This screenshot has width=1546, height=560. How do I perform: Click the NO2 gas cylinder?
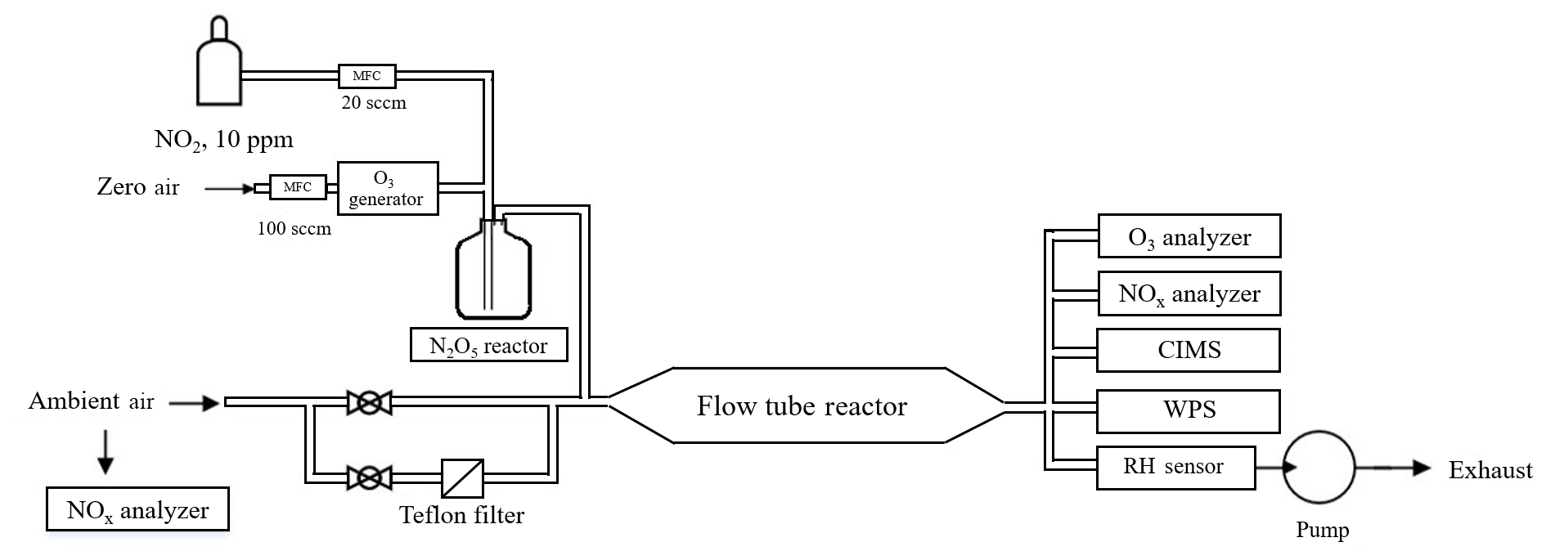[219, 69]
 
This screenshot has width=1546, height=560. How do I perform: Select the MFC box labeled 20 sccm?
[366, 76]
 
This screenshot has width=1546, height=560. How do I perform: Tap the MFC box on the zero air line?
[297, 187]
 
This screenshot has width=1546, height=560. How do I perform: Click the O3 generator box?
[387, 188]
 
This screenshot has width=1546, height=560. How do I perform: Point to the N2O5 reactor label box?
[488, 345]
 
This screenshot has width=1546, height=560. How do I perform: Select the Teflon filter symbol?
[462, 478]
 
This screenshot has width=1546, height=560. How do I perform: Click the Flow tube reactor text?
[802, 406]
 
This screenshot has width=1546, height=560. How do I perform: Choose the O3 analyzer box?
[1189, 236]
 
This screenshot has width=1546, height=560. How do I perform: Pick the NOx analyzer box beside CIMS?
[1189, 293]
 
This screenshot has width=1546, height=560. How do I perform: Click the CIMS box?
[1189, 350]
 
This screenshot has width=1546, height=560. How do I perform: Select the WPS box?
[1189, 410]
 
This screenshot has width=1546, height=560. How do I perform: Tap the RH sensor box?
[1175, 468]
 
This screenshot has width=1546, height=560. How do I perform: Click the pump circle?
[1319, 468]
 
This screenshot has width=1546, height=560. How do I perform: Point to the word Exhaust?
[1490, 470]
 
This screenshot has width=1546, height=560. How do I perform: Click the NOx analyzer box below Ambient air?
[137, 510]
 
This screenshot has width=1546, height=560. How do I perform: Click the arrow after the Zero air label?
[229, 189]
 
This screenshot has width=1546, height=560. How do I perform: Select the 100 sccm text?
[294, 229]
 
